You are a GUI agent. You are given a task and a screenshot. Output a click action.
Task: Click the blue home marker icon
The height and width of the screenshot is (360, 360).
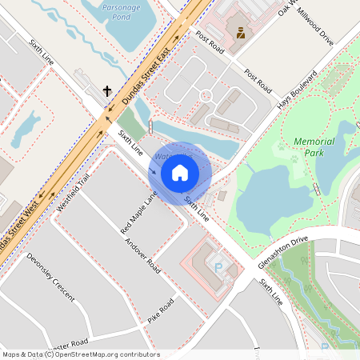pos(180,172)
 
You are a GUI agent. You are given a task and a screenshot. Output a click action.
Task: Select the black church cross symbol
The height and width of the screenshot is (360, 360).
pos(106,91)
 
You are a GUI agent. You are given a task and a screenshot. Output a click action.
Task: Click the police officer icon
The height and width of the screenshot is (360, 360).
pos(239,33)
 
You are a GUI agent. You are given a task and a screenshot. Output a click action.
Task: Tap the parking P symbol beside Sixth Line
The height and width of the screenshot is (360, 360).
pos(219,268)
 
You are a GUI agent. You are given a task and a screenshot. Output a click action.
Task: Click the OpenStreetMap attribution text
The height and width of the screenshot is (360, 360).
pos(80,354)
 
